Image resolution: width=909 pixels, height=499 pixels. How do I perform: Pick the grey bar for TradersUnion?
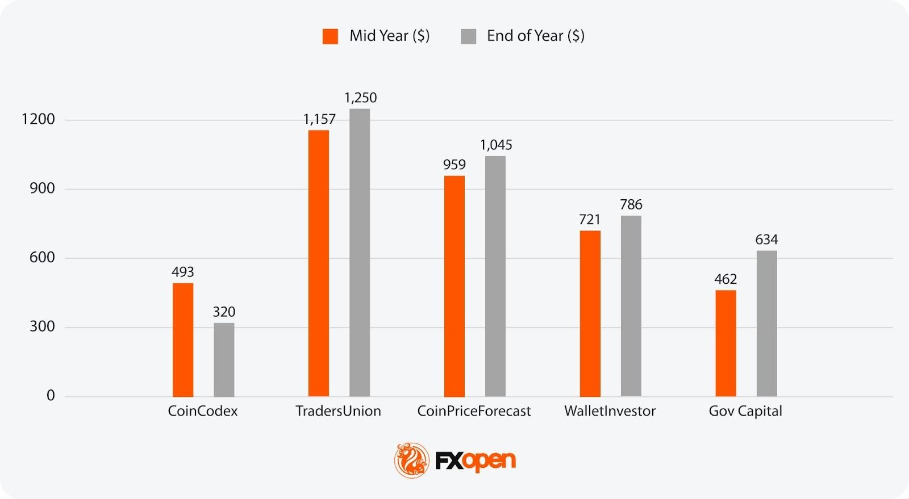click(360, 252)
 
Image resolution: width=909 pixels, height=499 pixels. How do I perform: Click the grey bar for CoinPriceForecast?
click(495, 276)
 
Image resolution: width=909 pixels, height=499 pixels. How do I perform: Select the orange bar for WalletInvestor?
click(590, 313)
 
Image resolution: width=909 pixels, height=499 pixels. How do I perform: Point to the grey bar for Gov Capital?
click(767, 323)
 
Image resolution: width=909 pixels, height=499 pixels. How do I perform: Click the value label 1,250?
click(360, 98)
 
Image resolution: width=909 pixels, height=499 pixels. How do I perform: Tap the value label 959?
click(454, 165)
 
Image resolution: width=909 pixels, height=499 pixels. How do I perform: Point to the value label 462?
click(725, 279)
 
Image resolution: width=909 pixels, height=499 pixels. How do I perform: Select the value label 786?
click(631, 204)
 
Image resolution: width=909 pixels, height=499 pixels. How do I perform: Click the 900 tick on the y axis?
click(42, 188)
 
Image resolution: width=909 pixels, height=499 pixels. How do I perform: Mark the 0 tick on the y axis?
click(51, 396)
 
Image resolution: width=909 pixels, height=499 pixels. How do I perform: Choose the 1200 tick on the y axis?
click(38, 119)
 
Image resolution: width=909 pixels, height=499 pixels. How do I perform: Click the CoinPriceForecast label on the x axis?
click(474, 411)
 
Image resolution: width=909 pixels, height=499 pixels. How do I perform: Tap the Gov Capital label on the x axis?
click(745, 411)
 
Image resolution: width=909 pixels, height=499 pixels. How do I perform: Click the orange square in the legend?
click(330, 36)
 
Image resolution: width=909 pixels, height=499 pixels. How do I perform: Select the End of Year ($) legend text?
click(535, 36)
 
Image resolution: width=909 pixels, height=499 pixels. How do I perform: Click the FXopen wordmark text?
click(476, 460)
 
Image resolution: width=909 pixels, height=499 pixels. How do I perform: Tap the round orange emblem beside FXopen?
click(411, 460)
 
